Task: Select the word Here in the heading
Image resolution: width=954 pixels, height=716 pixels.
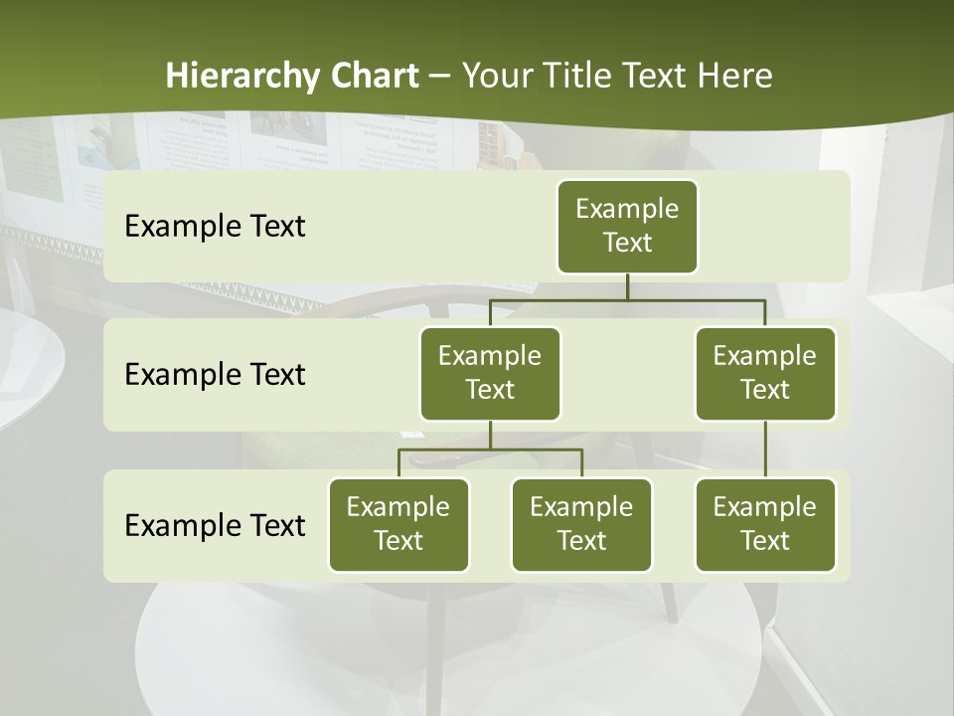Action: (x=735, y=76)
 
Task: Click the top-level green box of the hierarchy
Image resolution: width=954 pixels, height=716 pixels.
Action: (x=627, y=226)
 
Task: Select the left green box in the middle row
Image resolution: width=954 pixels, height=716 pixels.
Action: (x=490, y=373)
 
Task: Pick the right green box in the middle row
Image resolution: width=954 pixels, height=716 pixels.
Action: (x=765, y=373)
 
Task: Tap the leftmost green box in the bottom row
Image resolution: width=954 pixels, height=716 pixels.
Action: (x=398, y=524)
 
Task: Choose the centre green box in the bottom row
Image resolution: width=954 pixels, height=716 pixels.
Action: (x=581, y=524)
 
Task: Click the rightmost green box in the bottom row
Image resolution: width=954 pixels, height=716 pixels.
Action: (x=765, y=524)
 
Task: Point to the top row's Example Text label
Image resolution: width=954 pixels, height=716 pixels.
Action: (x=215, y=226)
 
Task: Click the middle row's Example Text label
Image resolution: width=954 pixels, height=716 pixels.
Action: (x=215, y=374)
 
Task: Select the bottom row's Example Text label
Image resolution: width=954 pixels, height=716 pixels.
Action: (x=215, y=525)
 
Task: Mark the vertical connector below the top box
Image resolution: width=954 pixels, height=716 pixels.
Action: (x=627, y=286)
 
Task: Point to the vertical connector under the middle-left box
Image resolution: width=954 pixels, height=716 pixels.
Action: (x=490, y=435)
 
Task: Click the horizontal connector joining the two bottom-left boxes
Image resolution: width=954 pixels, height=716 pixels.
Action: (x=490, y=449)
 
